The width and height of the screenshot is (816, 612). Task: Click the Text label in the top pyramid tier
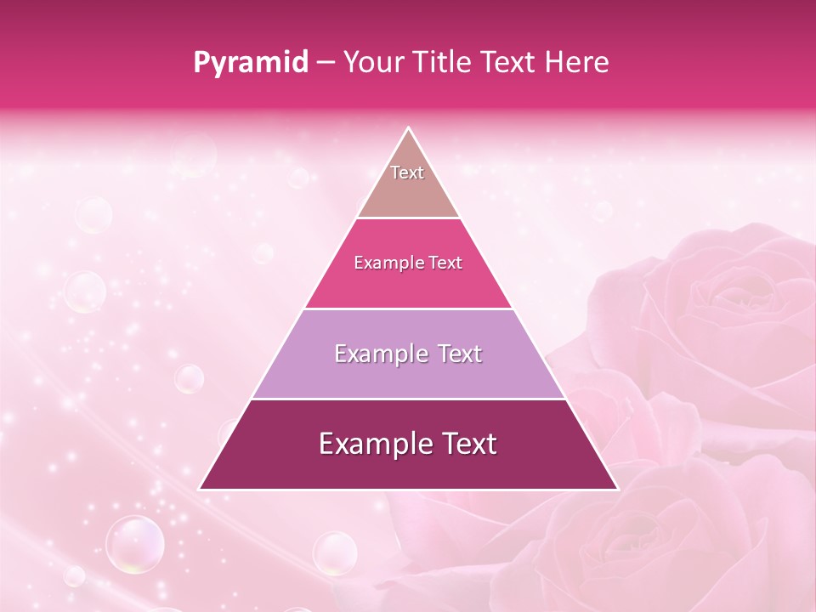pyautogui.click(x=407, y=173)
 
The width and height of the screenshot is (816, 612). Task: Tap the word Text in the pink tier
pyautogui.click(x=445, y=263)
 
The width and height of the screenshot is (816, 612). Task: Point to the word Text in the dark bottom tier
pyautogui.click(x=467, y=444)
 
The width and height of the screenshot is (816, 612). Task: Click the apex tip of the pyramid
pyautogui.click(x=408, y=128)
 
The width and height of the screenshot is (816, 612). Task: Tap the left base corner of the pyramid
pyautogui.click(x=201, y=489)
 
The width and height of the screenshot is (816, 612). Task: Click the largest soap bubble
pyautogui.click(x=134, y=543)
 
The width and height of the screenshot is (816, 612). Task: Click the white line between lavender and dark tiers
pyautogui.click(x=408, y=399)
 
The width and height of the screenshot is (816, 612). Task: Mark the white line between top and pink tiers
pyautogui.click(x=408, y=218)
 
